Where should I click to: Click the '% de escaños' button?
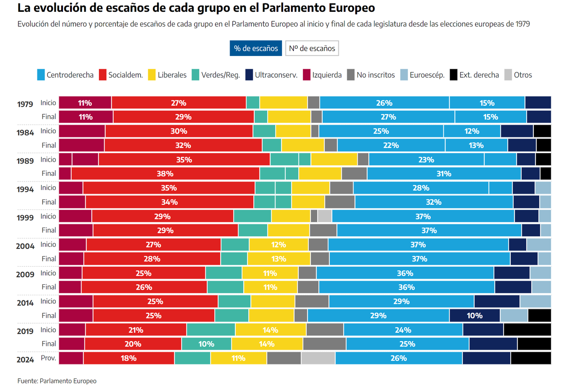pos(256,48)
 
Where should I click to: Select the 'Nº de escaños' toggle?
pos(312,48)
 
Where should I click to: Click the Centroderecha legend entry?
pos(65,75)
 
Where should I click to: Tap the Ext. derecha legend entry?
pos(474,75)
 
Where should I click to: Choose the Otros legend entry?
pos(518,75)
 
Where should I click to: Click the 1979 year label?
pos(25,104)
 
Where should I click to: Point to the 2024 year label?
pos(25,360)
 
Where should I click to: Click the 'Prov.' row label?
pos(49,358)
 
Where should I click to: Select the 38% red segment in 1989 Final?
pos(165,173)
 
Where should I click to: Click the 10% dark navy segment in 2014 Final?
pos(474,316)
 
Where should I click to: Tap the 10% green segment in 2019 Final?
pos(206,344)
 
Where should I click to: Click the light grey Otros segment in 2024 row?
pos(318,358)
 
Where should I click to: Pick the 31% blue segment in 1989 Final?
pos(444,173)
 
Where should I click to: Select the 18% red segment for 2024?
pos(129,358)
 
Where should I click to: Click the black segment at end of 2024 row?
pos(531,358)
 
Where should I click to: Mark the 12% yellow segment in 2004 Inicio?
pos(278,245)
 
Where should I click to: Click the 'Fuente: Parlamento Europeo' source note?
pos(57,381)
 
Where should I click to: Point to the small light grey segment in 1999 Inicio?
pos(324,216)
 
